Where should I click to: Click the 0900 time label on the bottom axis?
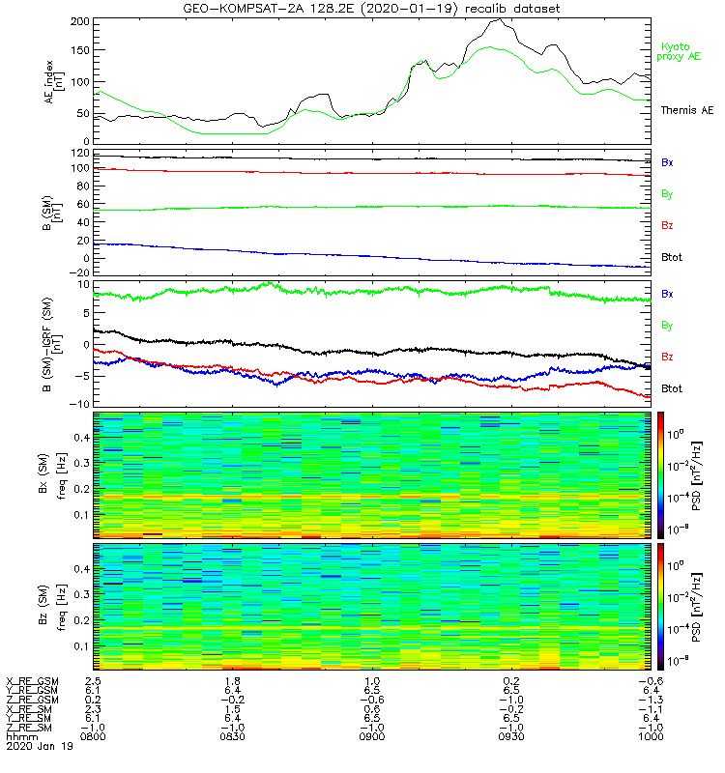point(372,735)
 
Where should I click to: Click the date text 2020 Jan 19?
point(39,746)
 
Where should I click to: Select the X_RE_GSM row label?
point(32,681)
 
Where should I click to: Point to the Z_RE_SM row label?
point(32,726)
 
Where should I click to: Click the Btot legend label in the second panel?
point(673,257)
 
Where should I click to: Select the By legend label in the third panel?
point(668,326)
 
